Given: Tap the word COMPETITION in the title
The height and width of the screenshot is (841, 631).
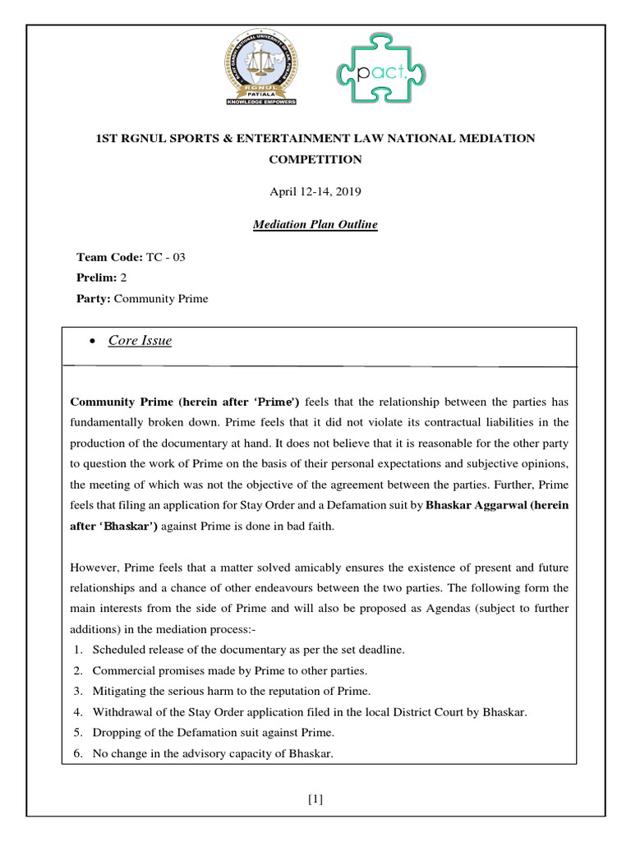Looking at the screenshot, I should click(x=315, y=159).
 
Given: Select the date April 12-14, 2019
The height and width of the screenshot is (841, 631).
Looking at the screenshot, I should click(x=315, y=191).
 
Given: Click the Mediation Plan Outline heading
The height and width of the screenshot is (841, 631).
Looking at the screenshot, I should click(x=315, y=224).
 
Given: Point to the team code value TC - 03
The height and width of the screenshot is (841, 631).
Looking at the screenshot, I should click(x=165, y=257).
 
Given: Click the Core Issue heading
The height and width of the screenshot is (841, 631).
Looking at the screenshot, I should click(x=140, y=341).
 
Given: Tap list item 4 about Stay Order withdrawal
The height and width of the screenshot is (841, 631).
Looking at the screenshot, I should click(x=309, y=712).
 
